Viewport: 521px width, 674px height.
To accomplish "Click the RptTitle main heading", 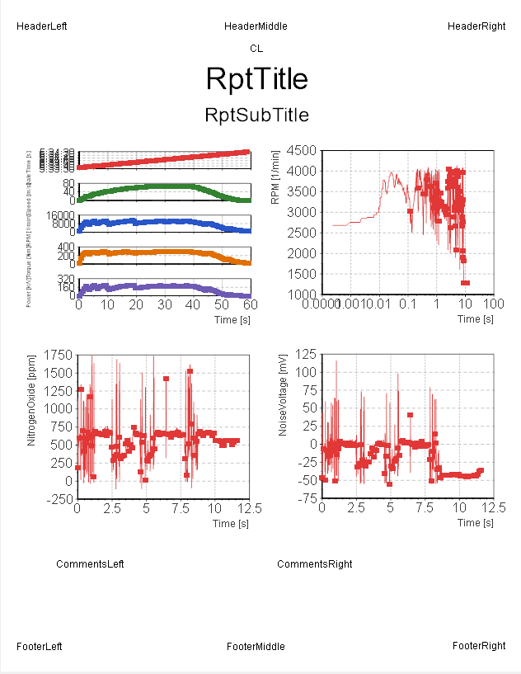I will [x=256, y=78].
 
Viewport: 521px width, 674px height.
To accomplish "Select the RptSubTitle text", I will [x=256, y=115].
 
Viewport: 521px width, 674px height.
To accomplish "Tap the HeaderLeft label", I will [x=42, y=26].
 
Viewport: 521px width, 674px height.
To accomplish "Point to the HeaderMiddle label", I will [x=256, y=26].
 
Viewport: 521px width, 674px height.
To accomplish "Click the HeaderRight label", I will [x=476, y=26].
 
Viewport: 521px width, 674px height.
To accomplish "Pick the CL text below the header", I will [x=256, y=49].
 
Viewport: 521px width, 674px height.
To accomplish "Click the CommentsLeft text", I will [x=90, y=564].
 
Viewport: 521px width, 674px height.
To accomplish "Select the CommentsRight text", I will [x=314, y=564].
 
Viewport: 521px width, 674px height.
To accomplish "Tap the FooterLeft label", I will [x=40, y=647].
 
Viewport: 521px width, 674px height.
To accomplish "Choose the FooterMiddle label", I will [x=256, y=647].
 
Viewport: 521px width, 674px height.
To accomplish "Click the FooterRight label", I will [x=479, y=646].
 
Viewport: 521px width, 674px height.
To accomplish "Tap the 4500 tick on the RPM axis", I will [x=302, y=150].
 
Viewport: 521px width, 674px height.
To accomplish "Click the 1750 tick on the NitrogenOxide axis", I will [x=57, y=355].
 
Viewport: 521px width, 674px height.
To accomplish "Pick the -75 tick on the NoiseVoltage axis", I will [x=307, y=499].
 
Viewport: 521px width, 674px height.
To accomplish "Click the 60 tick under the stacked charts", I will [x=250, y=305].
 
